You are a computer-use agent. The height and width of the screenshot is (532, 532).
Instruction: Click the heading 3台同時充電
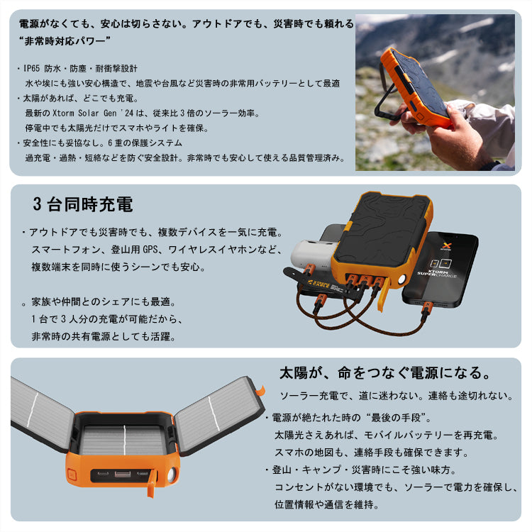[82, 206]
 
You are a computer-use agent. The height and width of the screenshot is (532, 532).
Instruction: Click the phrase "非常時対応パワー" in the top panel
[63, 41]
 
